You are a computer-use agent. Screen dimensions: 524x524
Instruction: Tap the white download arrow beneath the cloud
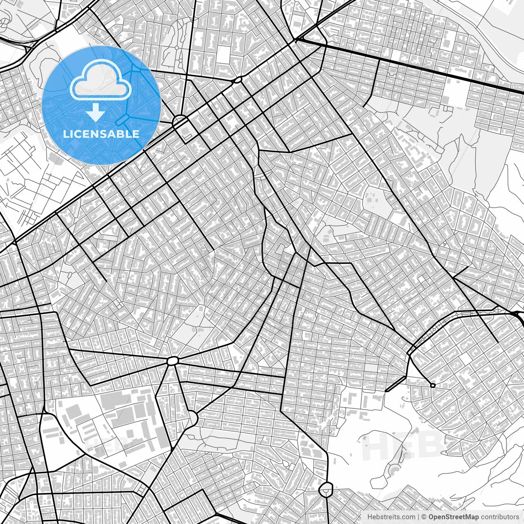tap(96, 113)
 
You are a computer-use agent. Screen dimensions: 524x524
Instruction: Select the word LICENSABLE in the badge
tap(101, 134)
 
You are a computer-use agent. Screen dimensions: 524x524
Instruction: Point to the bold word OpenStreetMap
tap(454, 517)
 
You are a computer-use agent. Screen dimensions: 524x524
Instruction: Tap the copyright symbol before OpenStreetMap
tap(425, 517)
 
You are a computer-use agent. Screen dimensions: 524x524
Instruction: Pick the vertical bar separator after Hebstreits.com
tap(419, 517)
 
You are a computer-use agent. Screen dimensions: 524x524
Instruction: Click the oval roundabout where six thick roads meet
tap(173, 361)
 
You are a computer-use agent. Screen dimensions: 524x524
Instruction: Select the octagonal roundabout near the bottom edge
tap(326, 489)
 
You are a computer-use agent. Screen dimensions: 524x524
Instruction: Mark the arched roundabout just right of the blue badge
tap(180, 122)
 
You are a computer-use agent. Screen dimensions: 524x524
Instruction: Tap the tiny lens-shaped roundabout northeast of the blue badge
tap(238, 80)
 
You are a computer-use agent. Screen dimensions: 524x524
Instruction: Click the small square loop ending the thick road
tap(433, 385)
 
